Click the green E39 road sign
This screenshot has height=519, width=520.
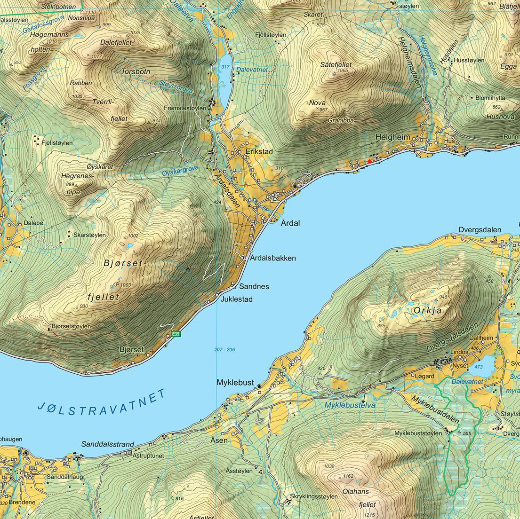176,334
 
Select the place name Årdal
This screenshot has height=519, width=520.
290,223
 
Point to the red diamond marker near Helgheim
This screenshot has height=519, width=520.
369,161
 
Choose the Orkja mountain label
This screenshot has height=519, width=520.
429,311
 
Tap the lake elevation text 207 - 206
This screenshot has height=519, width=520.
224,350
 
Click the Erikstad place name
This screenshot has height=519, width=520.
259,152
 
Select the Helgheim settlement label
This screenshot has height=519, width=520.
392,137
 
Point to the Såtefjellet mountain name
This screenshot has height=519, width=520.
336,65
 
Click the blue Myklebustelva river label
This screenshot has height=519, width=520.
350,405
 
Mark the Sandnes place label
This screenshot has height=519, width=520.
254,286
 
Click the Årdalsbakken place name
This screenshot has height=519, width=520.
273,258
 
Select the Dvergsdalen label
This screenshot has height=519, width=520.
480,230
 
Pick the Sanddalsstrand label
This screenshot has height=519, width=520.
108,444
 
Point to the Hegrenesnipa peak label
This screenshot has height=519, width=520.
77,184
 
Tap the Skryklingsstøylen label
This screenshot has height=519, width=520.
314,496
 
